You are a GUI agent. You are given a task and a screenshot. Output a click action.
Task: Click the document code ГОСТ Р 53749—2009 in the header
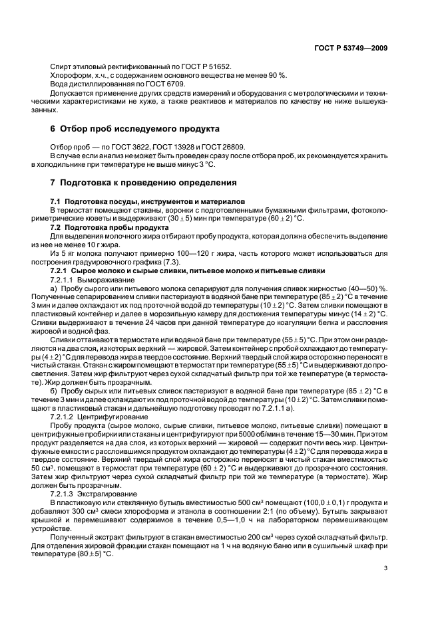point(351,48)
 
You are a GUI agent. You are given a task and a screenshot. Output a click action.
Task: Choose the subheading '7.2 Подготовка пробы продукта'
point(101,227)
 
